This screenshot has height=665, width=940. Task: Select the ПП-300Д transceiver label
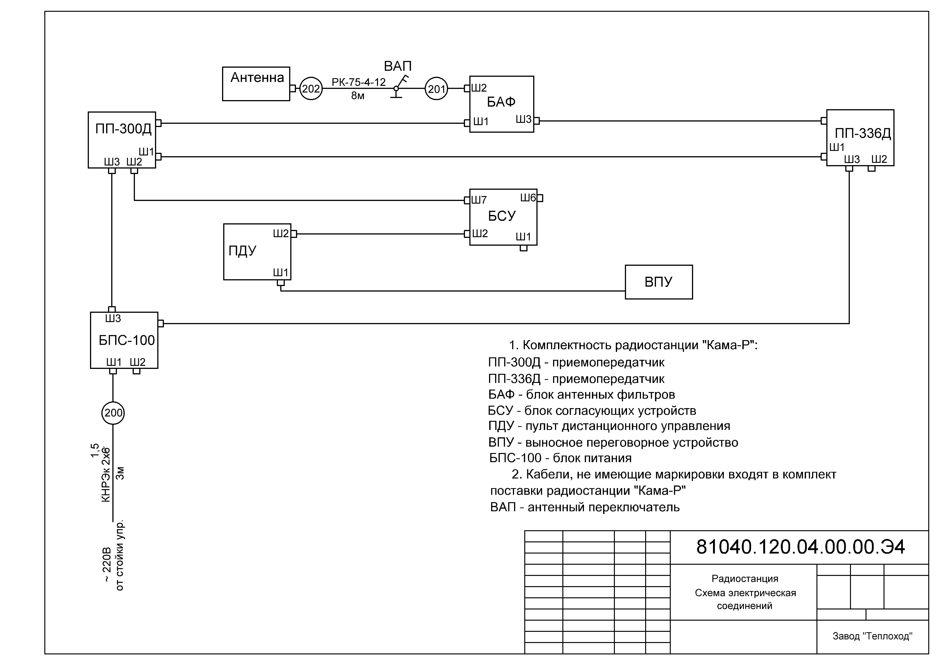[123, 129]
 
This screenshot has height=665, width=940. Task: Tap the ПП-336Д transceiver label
[863, 133]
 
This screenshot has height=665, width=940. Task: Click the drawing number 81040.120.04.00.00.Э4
[800, 547]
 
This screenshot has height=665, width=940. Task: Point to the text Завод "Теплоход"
[872, 636]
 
